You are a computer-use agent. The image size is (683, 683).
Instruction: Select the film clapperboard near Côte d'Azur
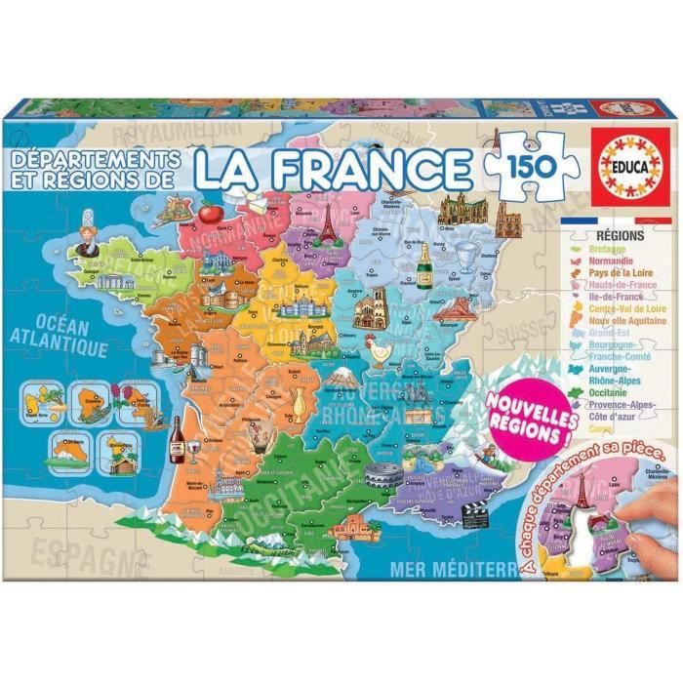[474, 516]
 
